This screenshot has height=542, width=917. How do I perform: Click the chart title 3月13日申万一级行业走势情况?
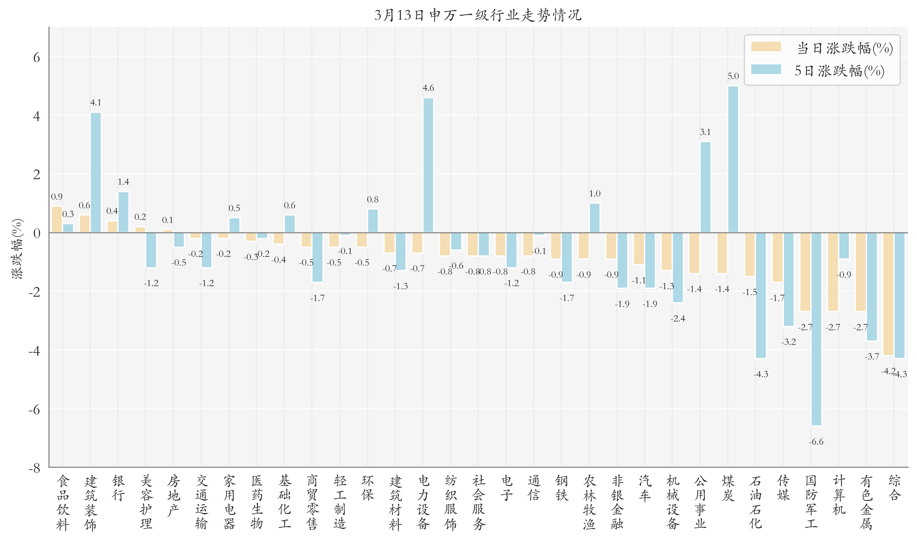(x=477, y=15)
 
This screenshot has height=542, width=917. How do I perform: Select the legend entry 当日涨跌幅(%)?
(x=822, y=48)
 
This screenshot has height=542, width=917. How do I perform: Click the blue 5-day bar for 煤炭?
(x=733, y=159)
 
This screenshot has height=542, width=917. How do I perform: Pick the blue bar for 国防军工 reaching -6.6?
(x=816, y=329)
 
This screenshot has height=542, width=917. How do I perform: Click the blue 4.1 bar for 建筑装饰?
(x=96, y=172)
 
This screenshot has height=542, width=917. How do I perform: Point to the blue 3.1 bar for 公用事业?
(x=705, y=187)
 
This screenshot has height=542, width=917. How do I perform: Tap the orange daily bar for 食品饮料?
(x=57, y=220)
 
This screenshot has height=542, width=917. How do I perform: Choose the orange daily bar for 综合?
(x=888, y=294)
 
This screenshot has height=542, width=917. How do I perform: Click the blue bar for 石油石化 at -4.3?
(x=760, y=295)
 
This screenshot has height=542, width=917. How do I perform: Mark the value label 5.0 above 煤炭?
(x=733, y=76)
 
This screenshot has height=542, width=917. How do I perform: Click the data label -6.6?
(x=816, y=442)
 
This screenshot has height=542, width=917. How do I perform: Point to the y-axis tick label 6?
(x=36, y=57)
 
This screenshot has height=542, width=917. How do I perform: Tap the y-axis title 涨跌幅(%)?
(x=17, y=249)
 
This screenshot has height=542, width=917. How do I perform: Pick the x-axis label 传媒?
(x=783, y=488)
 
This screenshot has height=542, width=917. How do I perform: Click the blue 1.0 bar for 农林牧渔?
(x=594, y=218)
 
